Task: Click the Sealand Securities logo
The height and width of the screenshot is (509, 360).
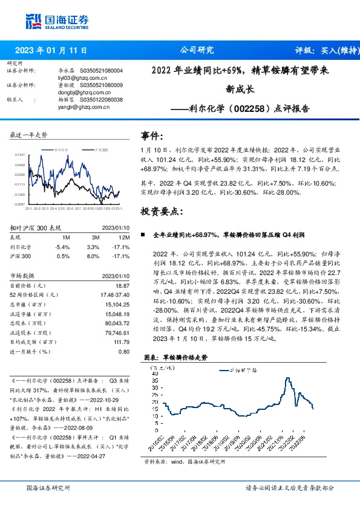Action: point(58,21)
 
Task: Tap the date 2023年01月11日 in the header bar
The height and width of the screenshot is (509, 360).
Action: point(51,51)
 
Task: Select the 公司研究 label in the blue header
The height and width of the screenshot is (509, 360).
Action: point(197,51)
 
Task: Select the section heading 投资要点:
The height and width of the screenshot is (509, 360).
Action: point(161,212)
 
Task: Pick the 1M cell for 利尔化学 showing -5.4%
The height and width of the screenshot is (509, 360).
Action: point(62,247)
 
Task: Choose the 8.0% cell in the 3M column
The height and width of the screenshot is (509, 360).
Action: point(93,256)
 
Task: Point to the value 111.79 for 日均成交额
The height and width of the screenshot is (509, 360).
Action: point(121,342)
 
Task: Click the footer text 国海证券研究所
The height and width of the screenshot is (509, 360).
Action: point(48,487)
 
